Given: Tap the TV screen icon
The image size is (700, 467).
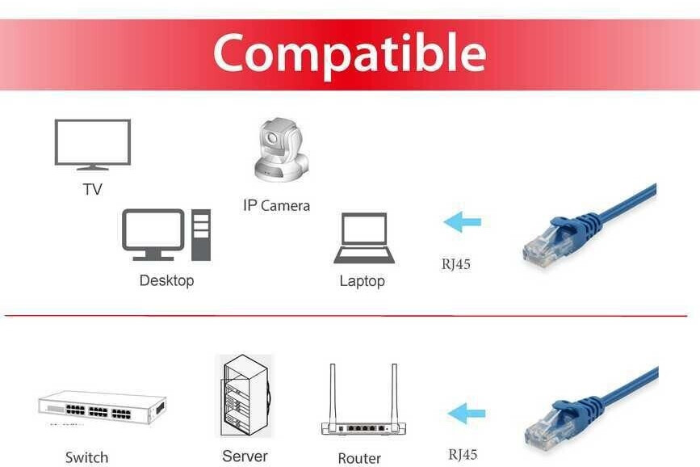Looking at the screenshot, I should pyautogui.click(x=92, y=143).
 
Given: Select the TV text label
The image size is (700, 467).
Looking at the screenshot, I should pyautogui.click(x=92, y=190).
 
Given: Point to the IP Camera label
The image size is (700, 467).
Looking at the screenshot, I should pyautogui.click(x=276, y=206).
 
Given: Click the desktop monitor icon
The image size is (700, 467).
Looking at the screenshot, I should pyautogui.click(x=153, y=233).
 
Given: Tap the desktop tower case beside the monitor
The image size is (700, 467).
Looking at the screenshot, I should pyautogui.click(x=200, y=234).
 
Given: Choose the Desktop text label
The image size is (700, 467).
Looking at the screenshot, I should pyautogui.click(x=166, y=281).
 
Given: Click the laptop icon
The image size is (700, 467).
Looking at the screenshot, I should pyautogui.click(x=364, y=238).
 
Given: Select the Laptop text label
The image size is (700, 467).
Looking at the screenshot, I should pyautogui.click(x=362, y=281).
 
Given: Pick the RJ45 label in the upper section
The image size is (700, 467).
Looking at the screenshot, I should pyautogui.click(x=455, y=263).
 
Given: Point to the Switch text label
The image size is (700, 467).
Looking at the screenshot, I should pyautogui.click(x=86, y=457).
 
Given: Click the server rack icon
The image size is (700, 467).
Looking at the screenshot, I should pyautogui.click(x=245, y=396).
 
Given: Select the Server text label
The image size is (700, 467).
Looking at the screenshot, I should pyautogui.click(x=245, y=456).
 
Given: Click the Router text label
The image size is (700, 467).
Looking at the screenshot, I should pyautogui.click(x=359, y=458).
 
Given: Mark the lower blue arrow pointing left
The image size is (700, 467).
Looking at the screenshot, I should pyautogui.click(x=466, y=414).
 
